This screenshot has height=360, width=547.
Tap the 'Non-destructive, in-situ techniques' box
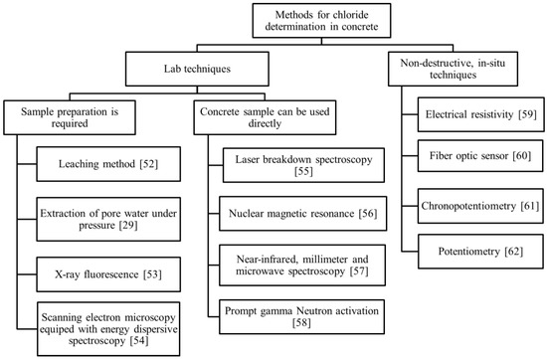[x=453, y=71]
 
